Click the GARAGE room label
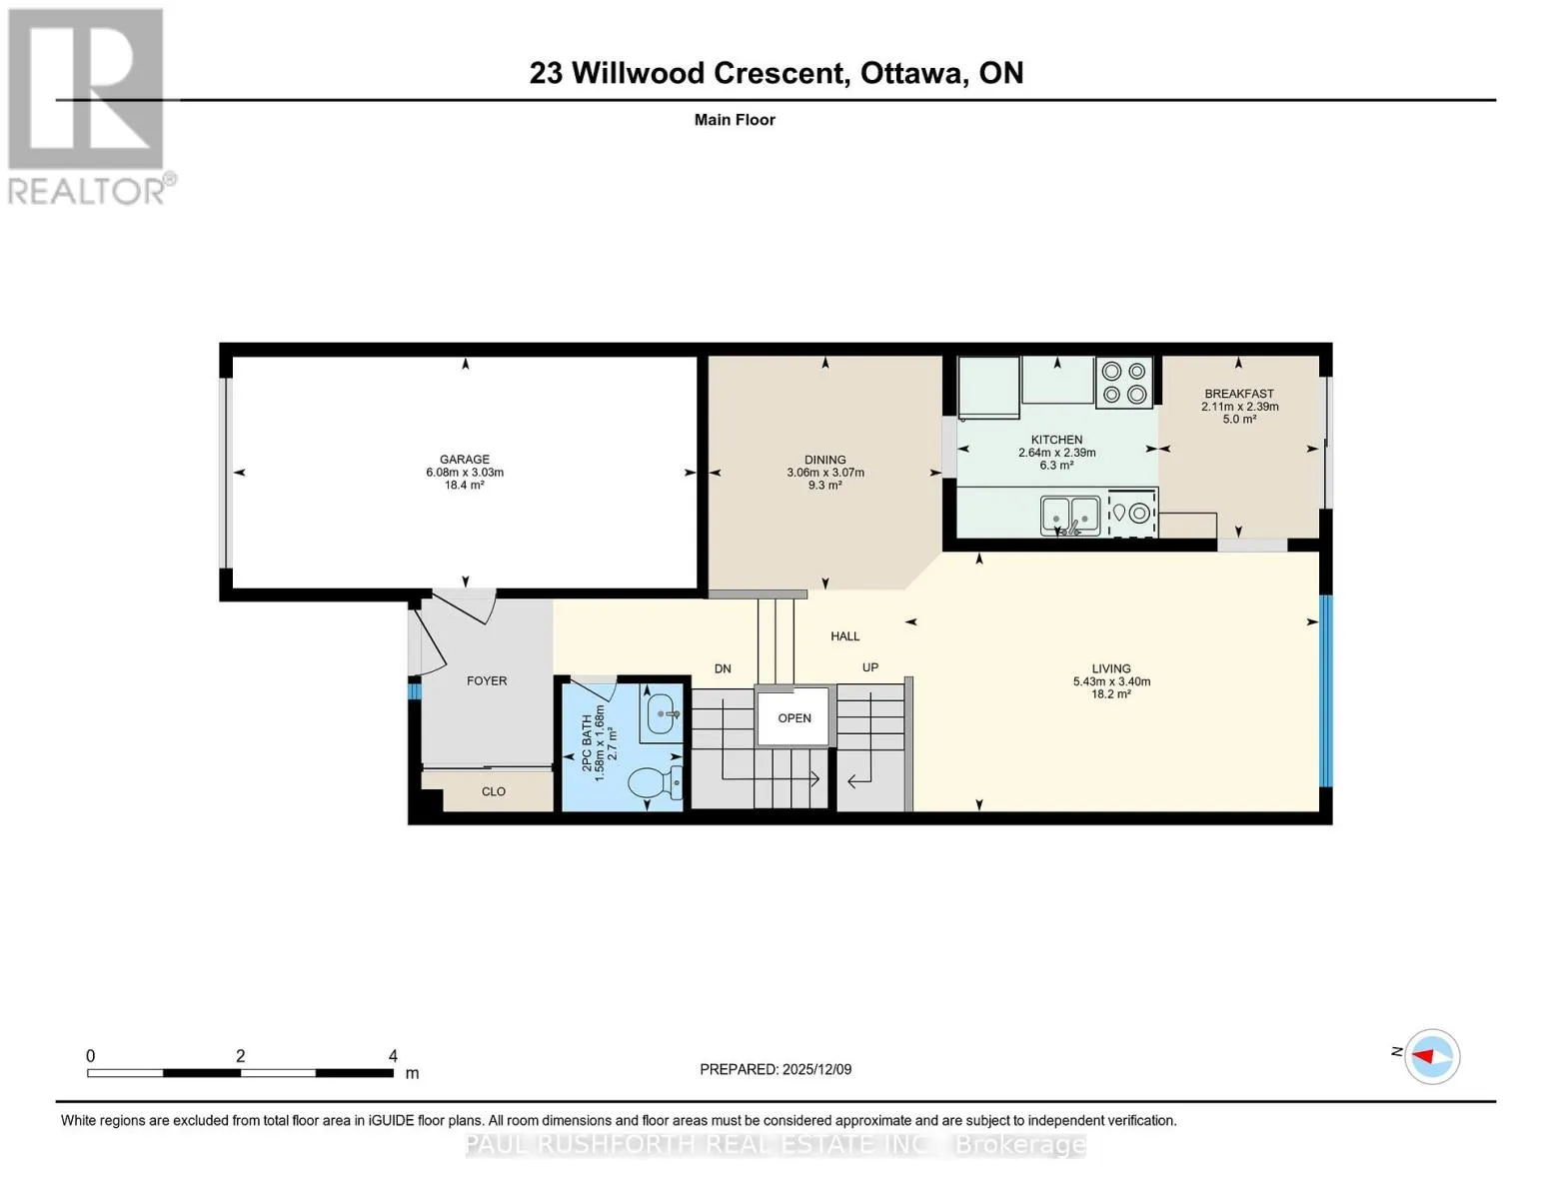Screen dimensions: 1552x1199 click(x=465, y=460)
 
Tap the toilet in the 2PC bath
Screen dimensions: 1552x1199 click(x=655, y=782)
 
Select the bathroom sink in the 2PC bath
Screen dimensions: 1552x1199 click(x=662, y=713)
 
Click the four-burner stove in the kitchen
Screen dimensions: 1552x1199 click(x=1123, y=383)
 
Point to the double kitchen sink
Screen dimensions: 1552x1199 click(x=1070, y=515)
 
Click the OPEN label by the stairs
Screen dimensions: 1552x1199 click(x=794, y=717)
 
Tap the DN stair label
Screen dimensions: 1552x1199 click(x=723, y=668)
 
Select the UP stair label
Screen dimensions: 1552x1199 click(x=869, y=667)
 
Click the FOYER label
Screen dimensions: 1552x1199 click(x=487, y=680)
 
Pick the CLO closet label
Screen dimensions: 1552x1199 click(x=494, y=791)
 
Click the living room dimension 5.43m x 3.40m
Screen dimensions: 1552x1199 click(x=1111, y=681)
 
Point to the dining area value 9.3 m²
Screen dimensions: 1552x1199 click(x=824, y=485)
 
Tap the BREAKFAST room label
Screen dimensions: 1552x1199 click(x=1239, y=394)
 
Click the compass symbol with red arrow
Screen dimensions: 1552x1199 click(x=1432, y=1056)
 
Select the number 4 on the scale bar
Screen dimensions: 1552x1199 click(x=393, y=1055)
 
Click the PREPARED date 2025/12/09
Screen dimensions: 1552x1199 click(x=817, y=1069)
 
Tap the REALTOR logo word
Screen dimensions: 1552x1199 click(x=87, y=192)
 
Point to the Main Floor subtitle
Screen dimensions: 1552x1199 click(x=735, y=119)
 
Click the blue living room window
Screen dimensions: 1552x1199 click(x=1325, y=690)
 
